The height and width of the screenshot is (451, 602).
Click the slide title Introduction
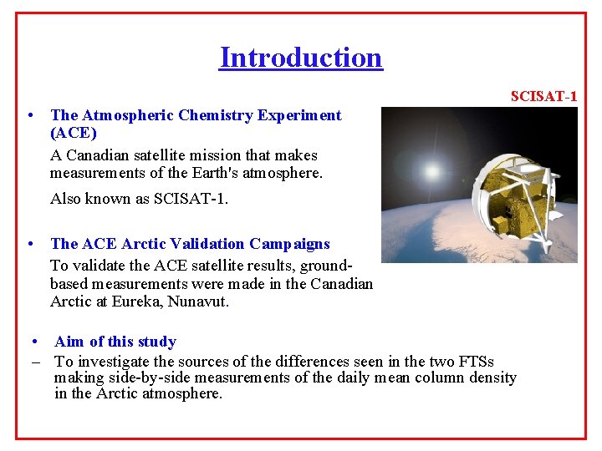click(x=301, y=58)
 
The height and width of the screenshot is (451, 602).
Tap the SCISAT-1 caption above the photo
click(x=543, y=97)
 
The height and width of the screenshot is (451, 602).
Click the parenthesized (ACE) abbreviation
click(x=74, y=133)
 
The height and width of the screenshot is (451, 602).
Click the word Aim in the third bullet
click(x=69, y=342)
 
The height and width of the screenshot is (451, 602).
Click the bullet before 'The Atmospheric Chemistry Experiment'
click(x=30, y=115)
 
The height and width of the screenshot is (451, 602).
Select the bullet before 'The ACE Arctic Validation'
click(x=30, y=244)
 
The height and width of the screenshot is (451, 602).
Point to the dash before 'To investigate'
click(x=36, y=362)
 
